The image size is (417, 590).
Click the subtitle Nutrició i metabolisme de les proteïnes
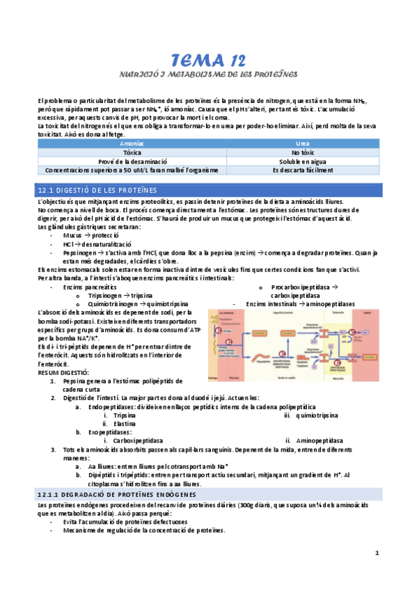point(207,73)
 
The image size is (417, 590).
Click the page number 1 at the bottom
point(377,573)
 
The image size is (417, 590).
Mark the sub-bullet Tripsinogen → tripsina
point(116,295)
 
